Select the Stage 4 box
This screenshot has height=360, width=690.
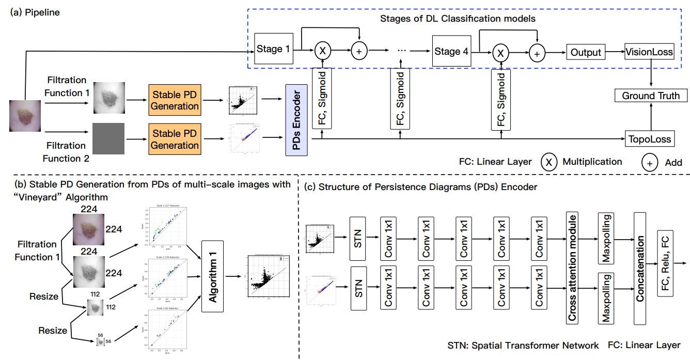pyautogui.click(x=451, y=51)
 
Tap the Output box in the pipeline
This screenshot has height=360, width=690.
pyautogui.click(x=586, y=52)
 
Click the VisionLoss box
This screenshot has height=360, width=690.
pyautogui.click(x=649, y=52)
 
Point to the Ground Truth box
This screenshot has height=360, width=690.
pyautogui.click(x=651, y=96)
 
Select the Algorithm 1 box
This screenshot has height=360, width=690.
pyautogui.click(x=213, y=276)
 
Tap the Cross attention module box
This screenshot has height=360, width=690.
pyautogui.click(x=571, y=269)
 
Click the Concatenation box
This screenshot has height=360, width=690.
pyautogui.click(x=640, y=269)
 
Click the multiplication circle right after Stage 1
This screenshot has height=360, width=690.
pyautogui.click(x=323, y=51)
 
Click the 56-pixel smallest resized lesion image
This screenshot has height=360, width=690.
pyautogui.click(x=100, y=341)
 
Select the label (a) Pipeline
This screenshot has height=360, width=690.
pyautogui.click(x=35, y=12)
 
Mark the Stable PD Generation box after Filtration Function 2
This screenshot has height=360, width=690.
pyautogui.click(x=175, y=139)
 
